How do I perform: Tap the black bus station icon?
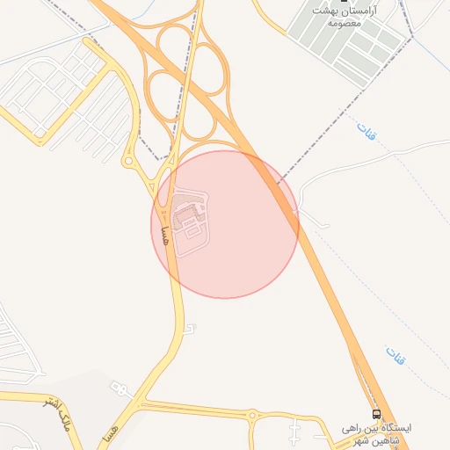click(376, 414)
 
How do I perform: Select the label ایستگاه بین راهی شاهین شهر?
click(377, 431)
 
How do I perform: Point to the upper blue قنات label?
click(364, 133)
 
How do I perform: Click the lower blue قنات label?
click(395, 355)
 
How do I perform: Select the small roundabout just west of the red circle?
click(129, 161)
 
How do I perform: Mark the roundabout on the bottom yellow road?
click(252, 415)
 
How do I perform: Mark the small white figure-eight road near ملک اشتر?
click(118, 387)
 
